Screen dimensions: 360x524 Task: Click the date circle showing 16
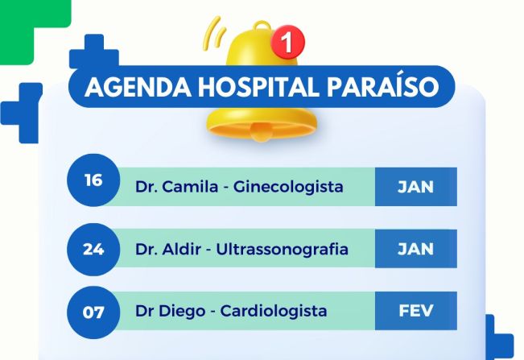(93, 180)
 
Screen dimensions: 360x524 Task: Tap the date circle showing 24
(93, 249)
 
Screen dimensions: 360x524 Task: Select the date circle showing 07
(93, 310)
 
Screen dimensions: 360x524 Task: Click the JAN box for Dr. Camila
(415, 187)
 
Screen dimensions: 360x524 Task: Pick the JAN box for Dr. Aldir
(415, 249)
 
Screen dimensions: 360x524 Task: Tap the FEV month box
(415, 310)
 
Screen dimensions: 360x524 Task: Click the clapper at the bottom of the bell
(261, 134)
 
